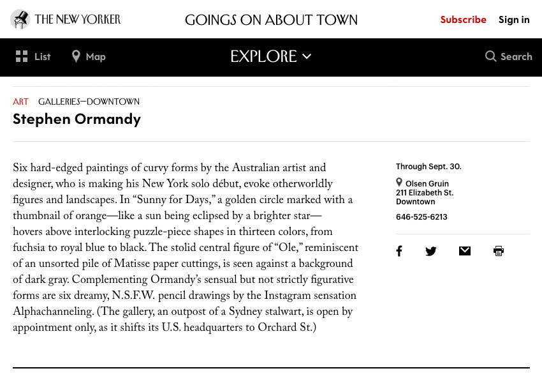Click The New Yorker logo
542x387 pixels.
pos(66,19)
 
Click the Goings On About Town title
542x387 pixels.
pos(271,20)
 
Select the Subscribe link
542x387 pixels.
pos(463,19)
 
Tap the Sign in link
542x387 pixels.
pos(514,19)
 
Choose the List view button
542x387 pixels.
pos(33,56)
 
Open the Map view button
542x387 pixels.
pos(89,56)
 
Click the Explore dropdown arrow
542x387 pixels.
pos(307,56)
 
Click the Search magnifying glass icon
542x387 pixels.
pos(490,56)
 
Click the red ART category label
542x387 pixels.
pos(20,102)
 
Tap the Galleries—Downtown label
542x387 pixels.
pos(89,102)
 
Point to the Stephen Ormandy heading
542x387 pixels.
pos(77,118)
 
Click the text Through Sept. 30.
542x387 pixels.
pos(428,166)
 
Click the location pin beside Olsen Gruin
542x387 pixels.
pos(399,183)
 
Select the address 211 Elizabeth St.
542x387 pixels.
pos(425,192)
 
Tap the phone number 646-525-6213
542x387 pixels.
pos(421,216)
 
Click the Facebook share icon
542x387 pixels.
pos(399,251)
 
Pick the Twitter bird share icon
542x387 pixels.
pos(431,251)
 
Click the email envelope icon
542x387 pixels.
pos(465,251)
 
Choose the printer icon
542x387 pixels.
pos(499,251)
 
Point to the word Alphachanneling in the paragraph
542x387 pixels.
pos(53,312)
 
